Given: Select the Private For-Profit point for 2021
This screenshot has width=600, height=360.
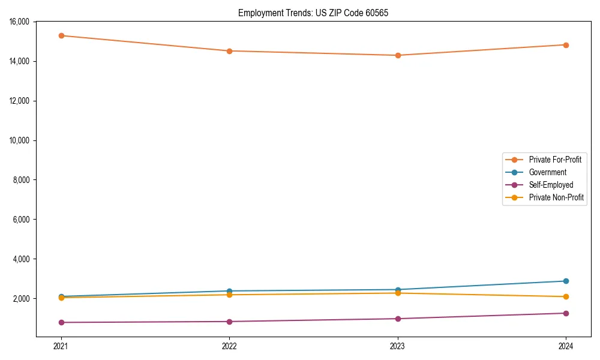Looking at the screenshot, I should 61,35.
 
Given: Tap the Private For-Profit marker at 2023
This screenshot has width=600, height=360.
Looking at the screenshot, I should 398,55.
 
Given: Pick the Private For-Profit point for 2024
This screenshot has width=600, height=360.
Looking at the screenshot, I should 566,45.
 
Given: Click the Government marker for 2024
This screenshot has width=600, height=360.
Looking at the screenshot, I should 566,281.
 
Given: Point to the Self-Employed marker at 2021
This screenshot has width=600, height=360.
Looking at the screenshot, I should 61,322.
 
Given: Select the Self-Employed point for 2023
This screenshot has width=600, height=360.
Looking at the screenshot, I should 398,319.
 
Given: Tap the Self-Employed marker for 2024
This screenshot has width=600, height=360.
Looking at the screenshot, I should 566,313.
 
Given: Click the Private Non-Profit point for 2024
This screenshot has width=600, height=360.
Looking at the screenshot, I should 566,296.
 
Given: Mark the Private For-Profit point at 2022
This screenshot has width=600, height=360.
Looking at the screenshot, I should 229,51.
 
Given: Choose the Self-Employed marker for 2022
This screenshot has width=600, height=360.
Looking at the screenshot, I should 229,322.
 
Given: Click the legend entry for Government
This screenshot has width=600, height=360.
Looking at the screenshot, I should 547,172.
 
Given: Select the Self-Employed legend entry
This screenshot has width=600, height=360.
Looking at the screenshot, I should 551,185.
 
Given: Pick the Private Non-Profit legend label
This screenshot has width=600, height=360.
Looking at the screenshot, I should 556,197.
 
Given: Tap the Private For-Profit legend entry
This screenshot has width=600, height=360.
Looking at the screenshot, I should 555,160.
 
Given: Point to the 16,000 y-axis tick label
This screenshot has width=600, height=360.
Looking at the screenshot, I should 23,22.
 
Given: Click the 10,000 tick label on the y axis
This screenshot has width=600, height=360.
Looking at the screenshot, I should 23,140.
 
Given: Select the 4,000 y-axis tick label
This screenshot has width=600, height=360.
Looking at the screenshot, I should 25,259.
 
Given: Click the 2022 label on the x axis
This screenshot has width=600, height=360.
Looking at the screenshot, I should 229,346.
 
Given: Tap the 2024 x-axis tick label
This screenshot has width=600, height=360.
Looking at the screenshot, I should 566,346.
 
